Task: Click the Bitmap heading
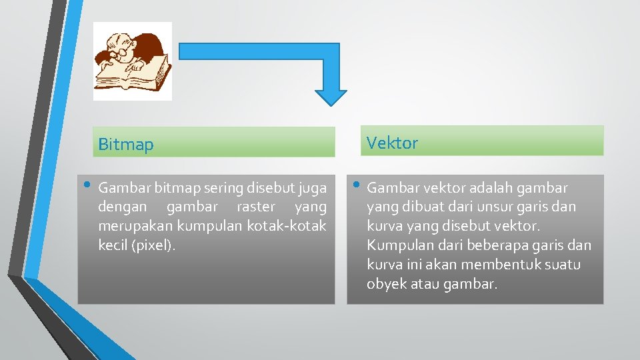[x=126, y=145]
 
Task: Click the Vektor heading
[x=393, y=143]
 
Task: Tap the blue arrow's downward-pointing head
[x=331, y=96]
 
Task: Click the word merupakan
[x=131, y=226]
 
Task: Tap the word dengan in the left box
[x=121, y=207]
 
